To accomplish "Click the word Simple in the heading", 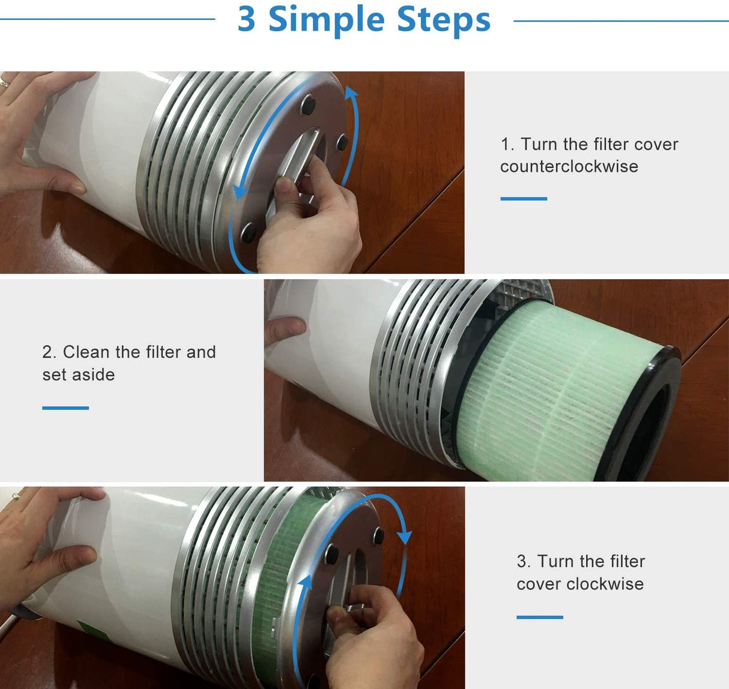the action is (326, 21).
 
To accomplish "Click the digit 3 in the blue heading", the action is (246, 19).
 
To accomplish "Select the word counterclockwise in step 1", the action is (569, 166).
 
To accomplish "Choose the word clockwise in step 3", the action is (605, 585).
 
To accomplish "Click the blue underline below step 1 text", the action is (524, 199).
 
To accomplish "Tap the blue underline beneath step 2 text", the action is (65, 408).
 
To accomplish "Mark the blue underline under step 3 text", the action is (539, 617).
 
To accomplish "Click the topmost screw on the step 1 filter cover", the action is (309, 105).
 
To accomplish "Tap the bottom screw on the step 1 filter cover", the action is (248, 233).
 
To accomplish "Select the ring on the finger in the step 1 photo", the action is (4, 82).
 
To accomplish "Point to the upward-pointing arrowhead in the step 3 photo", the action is (306, 583).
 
